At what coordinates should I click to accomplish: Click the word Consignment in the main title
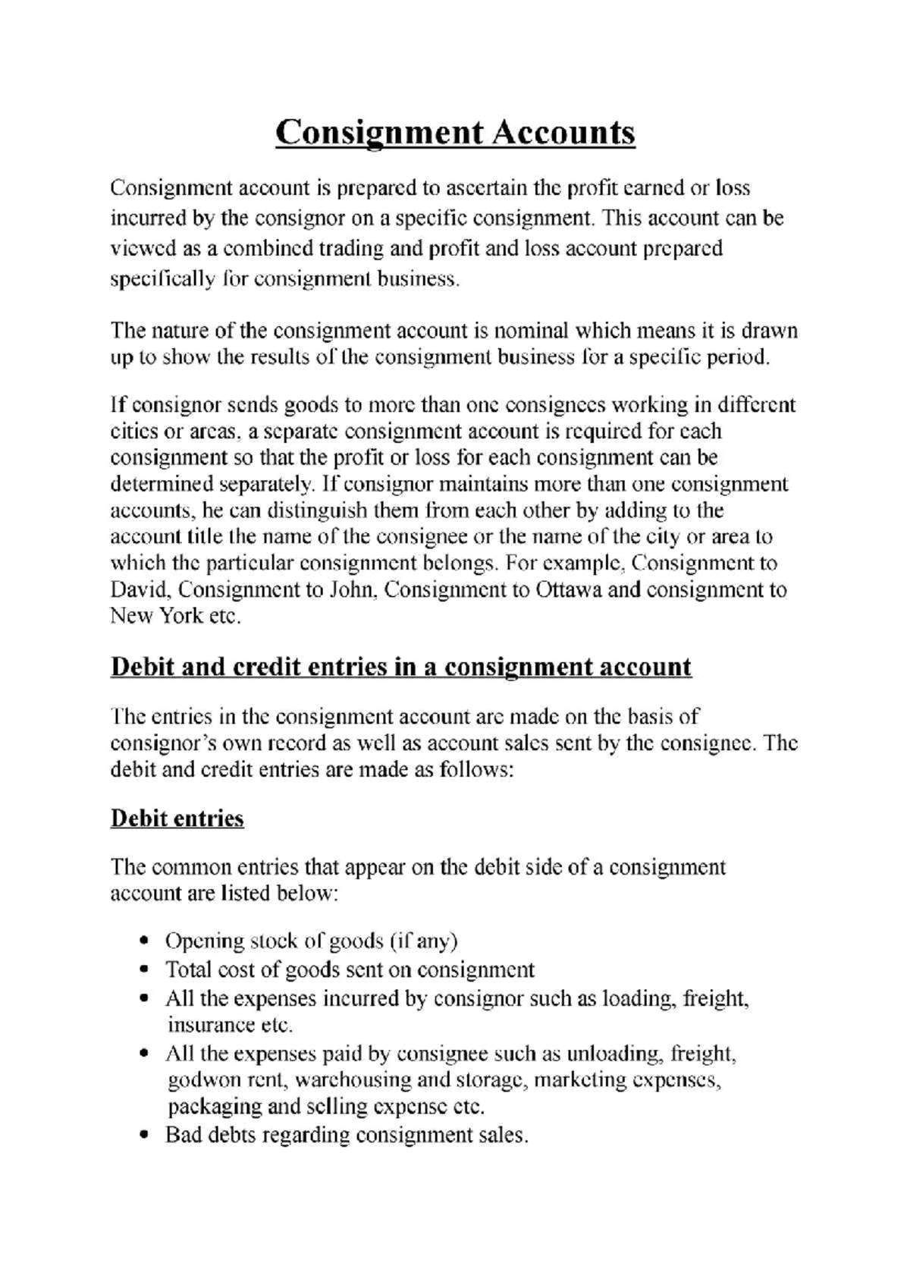pyautogui.click(x=379, y=134)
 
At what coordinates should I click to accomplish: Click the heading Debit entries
pyautogui.click(x=177, y=818)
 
